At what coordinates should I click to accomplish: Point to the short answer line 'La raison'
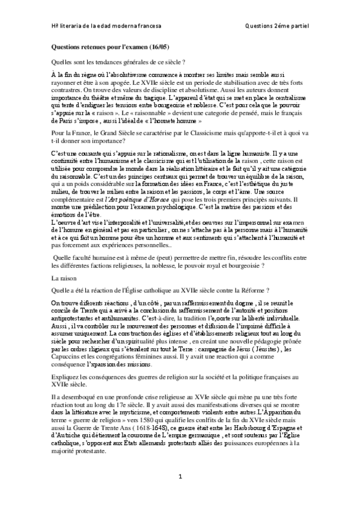pyautogui.click(x=64, y=279)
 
